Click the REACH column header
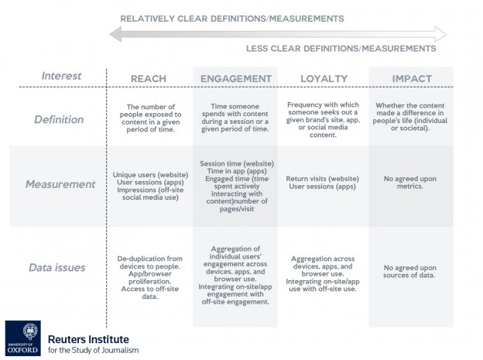pos(148,79)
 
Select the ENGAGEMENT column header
pos(235,79)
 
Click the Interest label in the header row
pos(62,76)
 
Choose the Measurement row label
pos(59,184)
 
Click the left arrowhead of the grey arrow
pos(114,33)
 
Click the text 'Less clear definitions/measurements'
pos(340,49)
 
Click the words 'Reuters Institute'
pos(88,339)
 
